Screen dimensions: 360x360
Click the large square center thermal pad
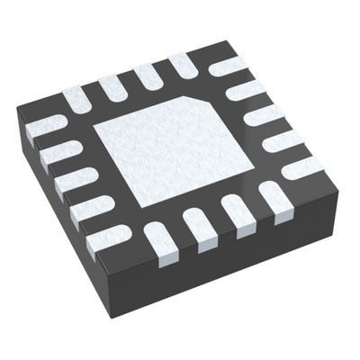180,148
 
